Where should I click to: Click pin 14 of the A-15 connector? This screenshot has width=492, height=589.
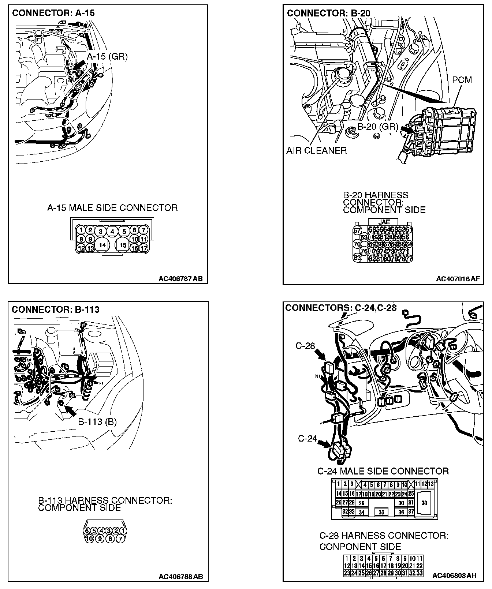(x=102, y=245)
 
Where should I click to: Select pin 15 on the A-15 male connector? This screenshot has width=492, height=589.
(x=123, y=245)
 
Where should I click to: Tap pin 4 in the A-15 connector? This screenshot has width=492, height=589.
(x=112, y=231)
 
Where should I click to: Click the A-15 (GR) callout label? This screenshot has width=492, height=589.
(x=107, y=57)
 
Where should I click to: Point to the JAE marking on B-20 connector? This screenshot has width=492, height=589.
(x=384, y=222)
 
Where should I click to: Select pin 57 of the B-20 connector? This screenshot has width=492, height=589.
(x=357, y=230)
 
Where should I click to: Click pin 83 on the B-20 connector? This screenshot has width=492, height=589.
(x=357, y=258)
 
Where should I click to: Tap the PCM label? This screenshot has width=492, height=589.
(x=462, y=80)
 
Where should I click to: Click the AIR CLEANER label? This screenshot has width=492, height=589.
(x=316, y=150)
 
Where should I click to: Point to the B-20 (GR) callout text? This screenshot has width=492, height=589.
(x=378, y=127)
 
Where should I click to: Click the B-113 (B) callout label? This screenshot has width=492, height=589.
(x=97, y=422)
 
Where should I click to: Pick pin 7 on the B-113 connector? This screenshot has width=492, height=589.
(x=120, y=539)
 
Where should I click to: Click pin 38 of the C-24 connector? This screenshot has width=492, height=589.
(x=424, y=503)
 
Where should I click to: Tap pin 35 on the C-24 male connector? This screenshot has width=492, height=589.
(x=381, y=512)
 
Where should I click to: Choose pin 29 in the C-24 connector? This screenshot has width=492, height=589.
(x=362, y=503)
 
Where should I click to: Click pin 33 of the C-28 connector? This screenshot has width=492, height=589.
(x=420, y=573)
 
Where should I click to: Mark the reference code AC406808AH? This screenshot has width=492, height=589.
(x=454, y=575)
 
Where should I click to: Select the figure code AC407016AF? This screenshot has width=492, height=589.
(x=458, y=279)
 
